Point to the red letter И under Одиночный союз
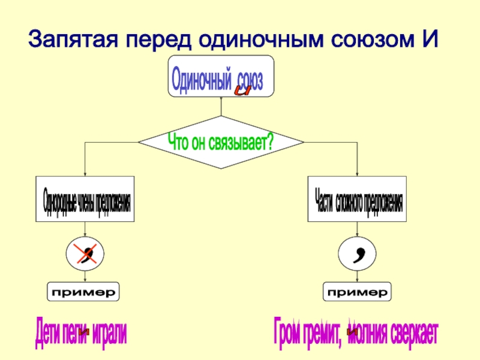[242, 91]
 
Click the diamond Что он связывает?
[221, 142]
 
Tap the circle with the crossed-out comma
[85, 254]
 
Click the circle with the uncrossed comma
[358, 254]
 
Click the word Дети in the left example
[47, 332]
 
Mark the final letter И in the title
[430, 40]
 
